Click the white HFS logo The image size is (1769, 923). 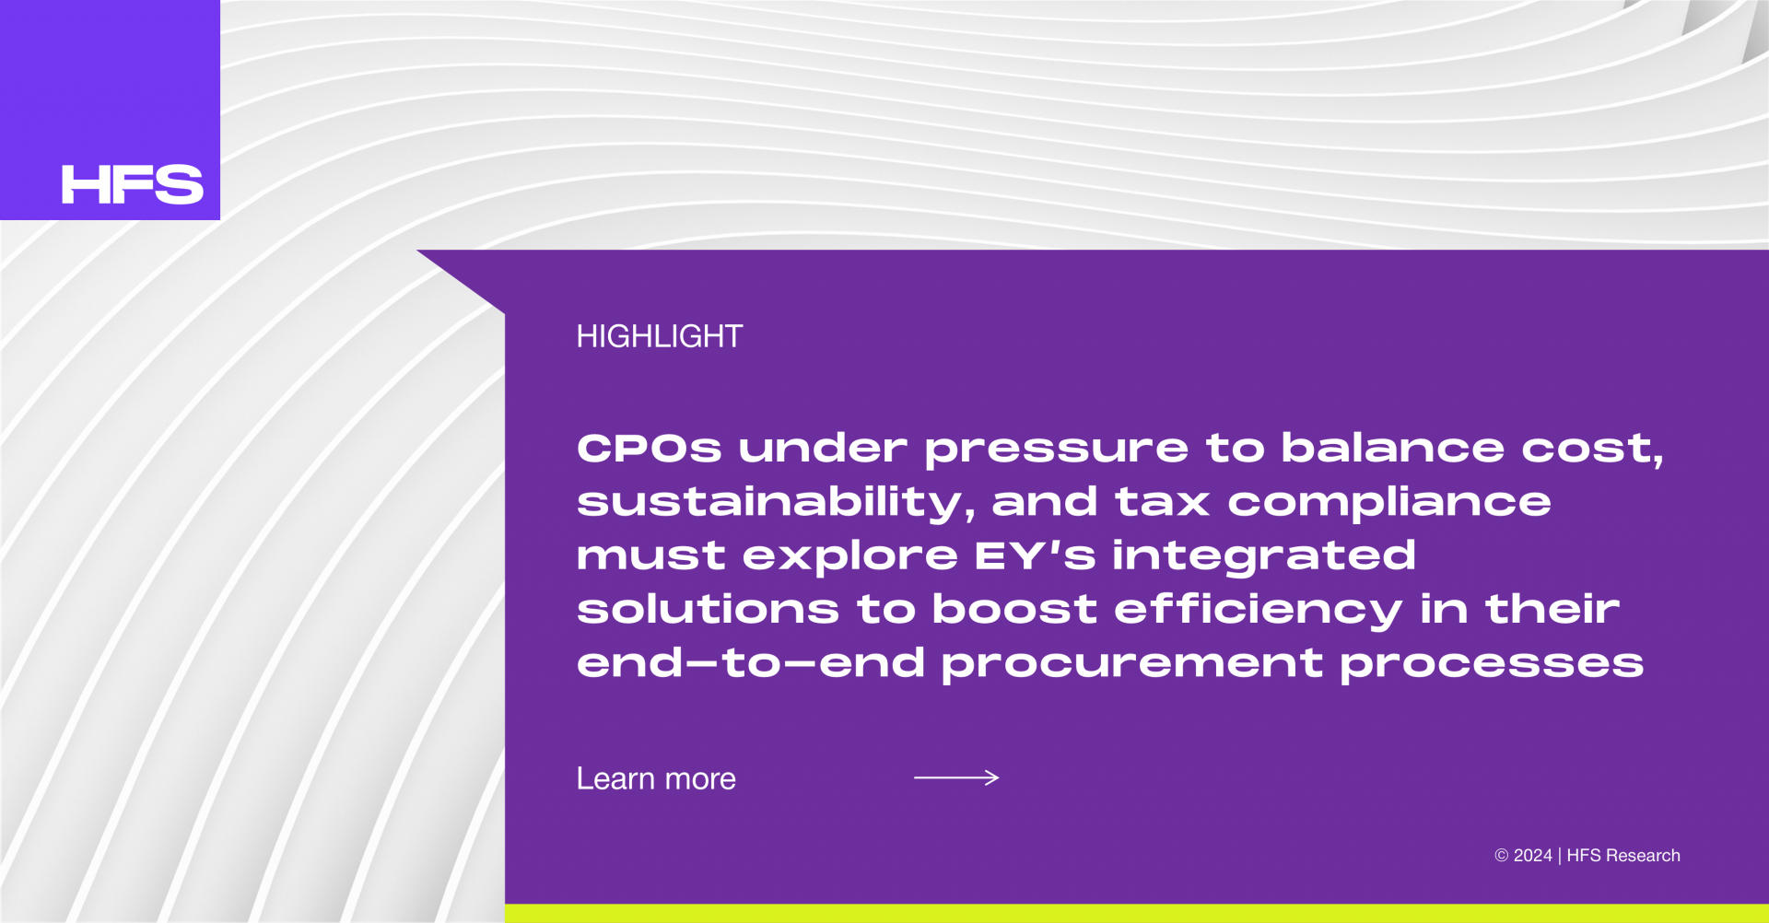click(x=132, y=184)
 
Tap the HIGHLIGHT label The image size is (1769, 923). click(x=660, y=336)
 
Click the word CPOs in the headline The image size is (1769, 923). click(x=650, y=449)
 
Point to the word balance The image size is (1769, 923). click(x=1393, y=448)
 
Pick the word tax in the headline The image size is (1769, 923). click(x=1162, y=503)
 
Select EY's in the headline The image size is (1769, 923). click(x=1035, y=555)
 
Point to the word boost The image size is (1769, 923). click(x=1014, y=609)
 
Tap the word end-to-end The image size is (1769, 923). click(x=751, y=662)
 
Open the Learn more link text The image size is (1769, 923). click(x=656, y=779)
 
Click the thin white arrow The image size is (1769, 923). click(x=956, y=777)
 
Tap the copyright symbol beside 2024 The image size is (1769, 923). click(x=1502, y=856)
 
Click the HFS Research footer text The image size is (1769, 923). click(x=1623, y=856)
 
